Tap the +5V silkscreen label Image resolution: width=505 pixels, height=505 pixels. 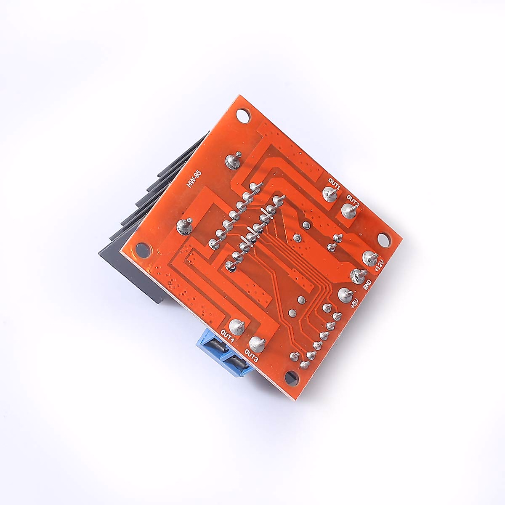[354, 303]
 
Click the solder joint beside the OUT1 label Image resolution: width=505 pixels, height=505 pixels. [330, 194]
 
